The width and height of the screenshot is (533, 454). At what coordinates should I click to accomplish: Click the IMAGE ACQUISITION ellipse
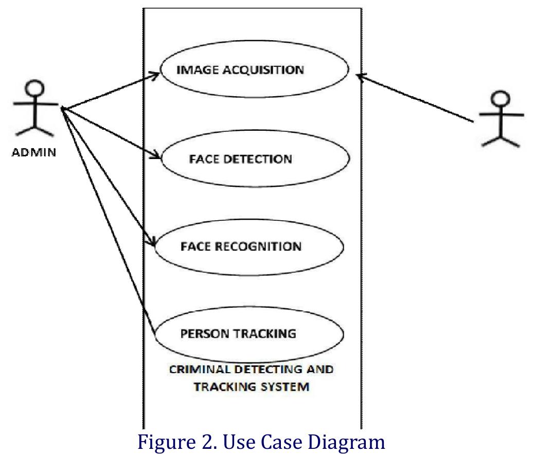click(255, 69)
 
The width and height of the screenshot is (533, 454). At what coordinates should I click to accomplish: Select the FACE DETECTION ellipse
click(256, 158)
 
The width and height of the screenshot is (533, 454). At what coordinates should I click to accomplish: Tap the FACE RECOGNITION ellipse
click(249, 246)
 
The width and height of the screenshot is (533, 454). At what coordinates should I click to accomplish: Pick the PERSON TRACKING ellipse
click(249, 334)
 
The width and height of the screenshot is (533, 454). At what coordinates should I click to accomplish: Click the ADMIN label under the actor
click(34, 153)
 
